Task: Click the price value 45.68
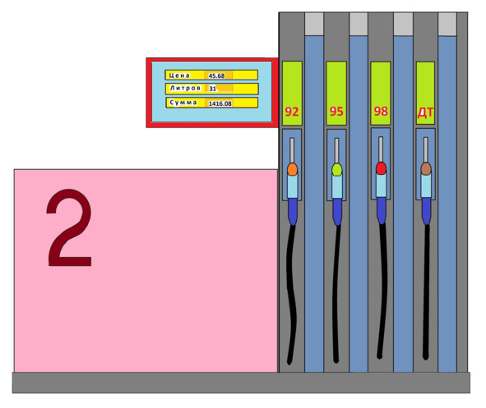216,76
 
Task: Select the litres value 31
213,89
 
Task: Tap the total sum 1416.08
220,103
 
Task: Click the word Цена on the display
179,76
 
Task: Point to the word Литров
185,88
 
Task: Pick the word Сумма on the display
183,103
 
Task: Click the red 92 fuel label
292,112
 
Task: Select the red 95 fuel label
336,112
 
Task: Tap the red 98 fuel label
381,111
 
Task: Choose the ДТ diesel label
425,113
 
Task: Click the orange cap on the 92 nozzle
292,169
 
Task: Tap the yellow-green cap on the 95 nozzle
337,170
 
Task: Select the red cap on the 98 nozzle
382,168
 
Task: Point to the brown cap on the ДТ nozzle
426,169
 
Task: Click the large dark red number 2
69,227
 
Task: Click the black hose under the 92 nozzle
291,294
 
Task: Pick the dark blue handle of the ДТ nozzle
427,211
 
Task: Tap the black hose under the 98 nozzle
383,291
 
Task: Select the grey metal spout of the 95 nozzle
336,151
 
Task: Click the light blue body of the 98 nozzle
382,185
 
